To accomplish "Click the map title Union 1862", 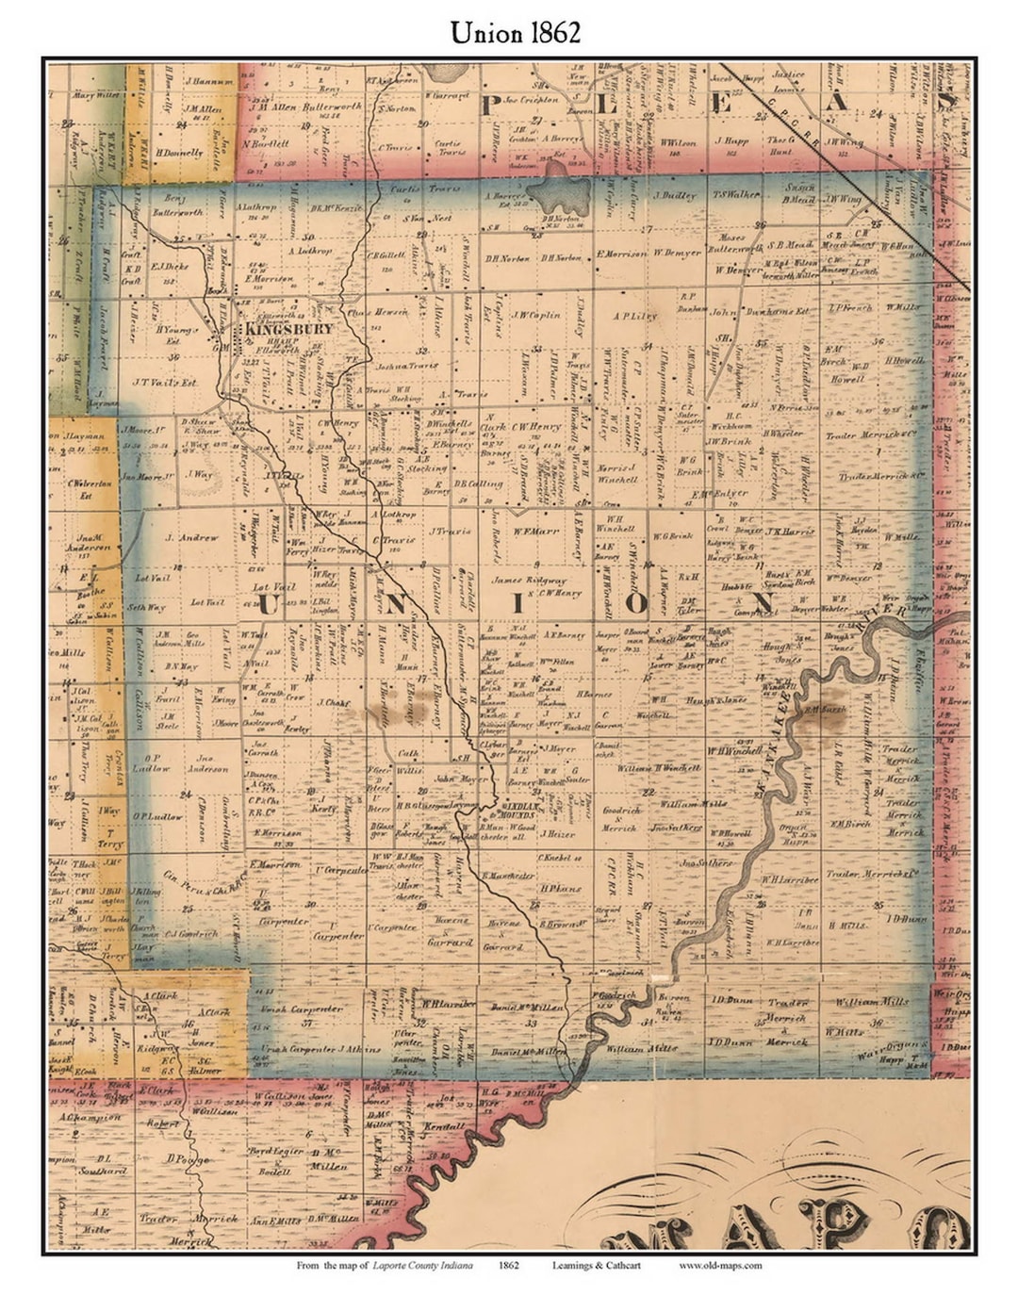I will coord(515,31).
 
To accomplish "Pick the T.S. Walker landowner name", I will coord(736,196).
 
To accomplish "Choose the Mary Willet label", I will coord(96,95).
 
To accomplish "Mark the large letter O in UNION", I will coord(637,602).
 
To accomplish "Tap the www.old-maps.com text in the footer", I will coord(720,1265).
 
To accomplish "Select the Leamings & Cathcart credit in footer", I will coord(596,1265).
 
